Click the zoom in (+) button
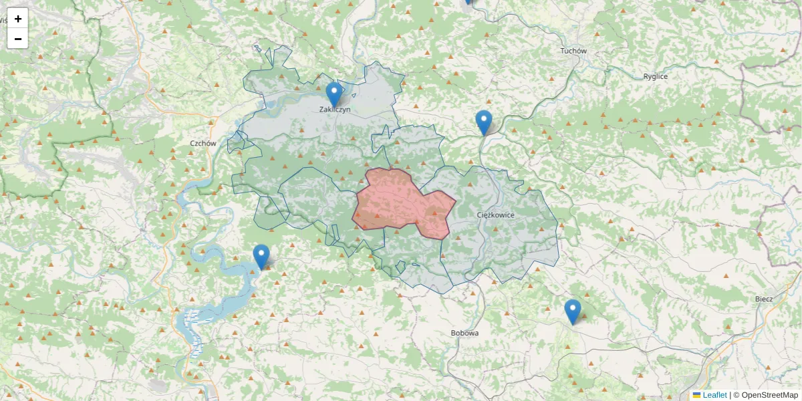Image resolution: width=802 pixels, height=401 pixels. coord(18,19)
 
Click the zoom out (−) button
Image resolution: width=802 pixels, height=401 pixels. coord(18,39)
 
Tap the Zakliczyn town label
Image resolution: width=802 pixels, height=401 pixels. coord(335,110)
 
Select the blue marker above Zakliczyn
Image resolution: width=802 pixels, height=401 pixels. coord(334,94)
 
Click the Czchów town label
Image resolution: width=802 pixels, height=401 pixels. coord(203,143)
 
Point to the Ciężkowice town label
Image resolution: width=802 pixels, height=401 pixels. coord(496,215)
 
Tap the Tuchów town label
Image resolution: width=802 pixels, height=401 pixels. coord(573,51)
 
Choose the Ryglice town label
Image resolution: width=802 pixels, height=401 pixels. coord(655,76)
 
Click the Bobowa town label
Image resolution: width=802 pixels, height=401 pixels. coord(464,333)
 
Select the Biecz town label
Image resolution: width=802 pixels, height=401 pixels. coord(763,299)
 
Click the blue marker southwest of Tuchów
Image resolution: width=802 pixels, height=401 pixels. coord(484,122)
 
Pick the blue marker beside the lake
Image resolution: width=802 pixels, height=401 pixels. coord(261,257)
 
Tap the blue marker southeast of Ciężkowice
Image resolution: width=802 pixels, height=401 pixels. coord(572,311)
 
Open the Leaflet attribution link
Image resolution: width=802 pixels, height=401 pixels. coord(714,395)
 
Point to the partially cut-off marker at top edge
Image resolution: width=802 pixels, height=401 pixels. coord(468,2)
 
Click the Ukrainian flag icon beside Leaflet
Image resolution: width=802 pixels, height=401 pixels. coord(697,395)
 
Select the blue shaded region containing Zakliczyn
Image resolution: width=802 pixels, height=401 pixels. coord(301,120)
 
